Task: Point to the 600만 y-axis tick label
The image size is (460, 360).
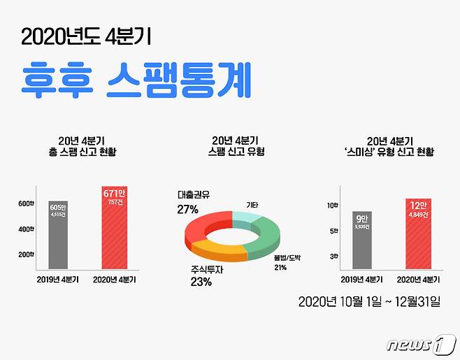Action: coord(27,203)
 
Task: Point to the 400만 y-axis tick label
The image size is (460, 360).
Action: coord(27,229)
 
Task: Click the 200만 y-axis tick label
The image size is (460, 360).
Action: coord(27,254)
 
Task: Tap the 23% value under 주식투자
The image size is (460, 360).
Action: coord(201,282)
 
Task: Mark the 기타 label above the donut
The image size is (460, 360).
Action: coord(252,204)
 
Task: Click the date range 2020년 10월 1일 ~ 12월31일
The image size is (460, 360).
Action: coord(368,302)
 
